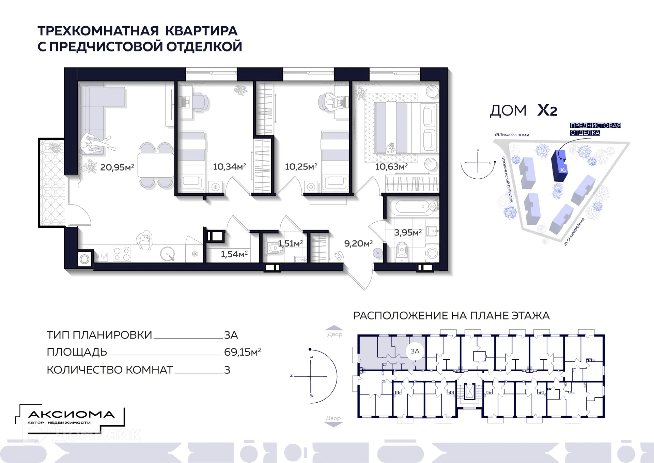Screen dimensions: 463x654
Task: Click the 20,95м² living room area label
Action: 117,167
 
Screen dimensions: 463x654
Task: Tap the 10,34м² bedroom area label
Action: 229,167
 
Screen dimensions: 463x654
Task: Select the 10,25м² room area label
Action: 301,167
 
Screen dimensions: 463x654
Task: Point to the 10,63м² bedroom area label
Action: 391,167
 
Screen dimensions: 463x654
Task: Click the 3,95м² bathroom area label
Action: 408,233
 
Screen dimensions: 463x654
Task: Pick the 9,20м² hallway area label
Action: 358,243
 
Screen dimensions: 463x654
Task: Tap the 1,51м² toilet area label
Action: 290,243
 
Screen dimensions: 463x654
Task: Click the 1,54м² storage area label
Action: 234,254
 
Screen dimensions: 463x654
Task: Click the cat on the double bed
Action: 390,148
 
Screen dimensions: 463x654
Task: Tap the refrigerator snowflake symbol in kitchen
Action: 194,254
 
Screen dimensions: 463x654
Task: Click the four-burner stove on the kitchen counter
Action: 122,254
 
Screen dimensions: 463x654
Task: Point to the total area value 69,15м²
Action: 243,352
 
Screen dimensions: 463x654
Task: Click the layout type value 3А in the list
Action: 231,335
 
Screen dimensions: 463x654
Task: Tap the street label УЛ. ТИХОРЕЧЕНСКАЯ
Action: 511,135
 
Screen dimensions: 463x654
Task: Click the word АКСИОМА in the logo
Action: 71,415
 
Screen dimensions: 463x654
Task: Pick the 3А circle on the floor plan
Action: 415,351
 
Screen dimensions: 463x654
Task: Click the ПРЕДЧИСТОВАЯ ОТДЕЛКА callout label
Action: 595,129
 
